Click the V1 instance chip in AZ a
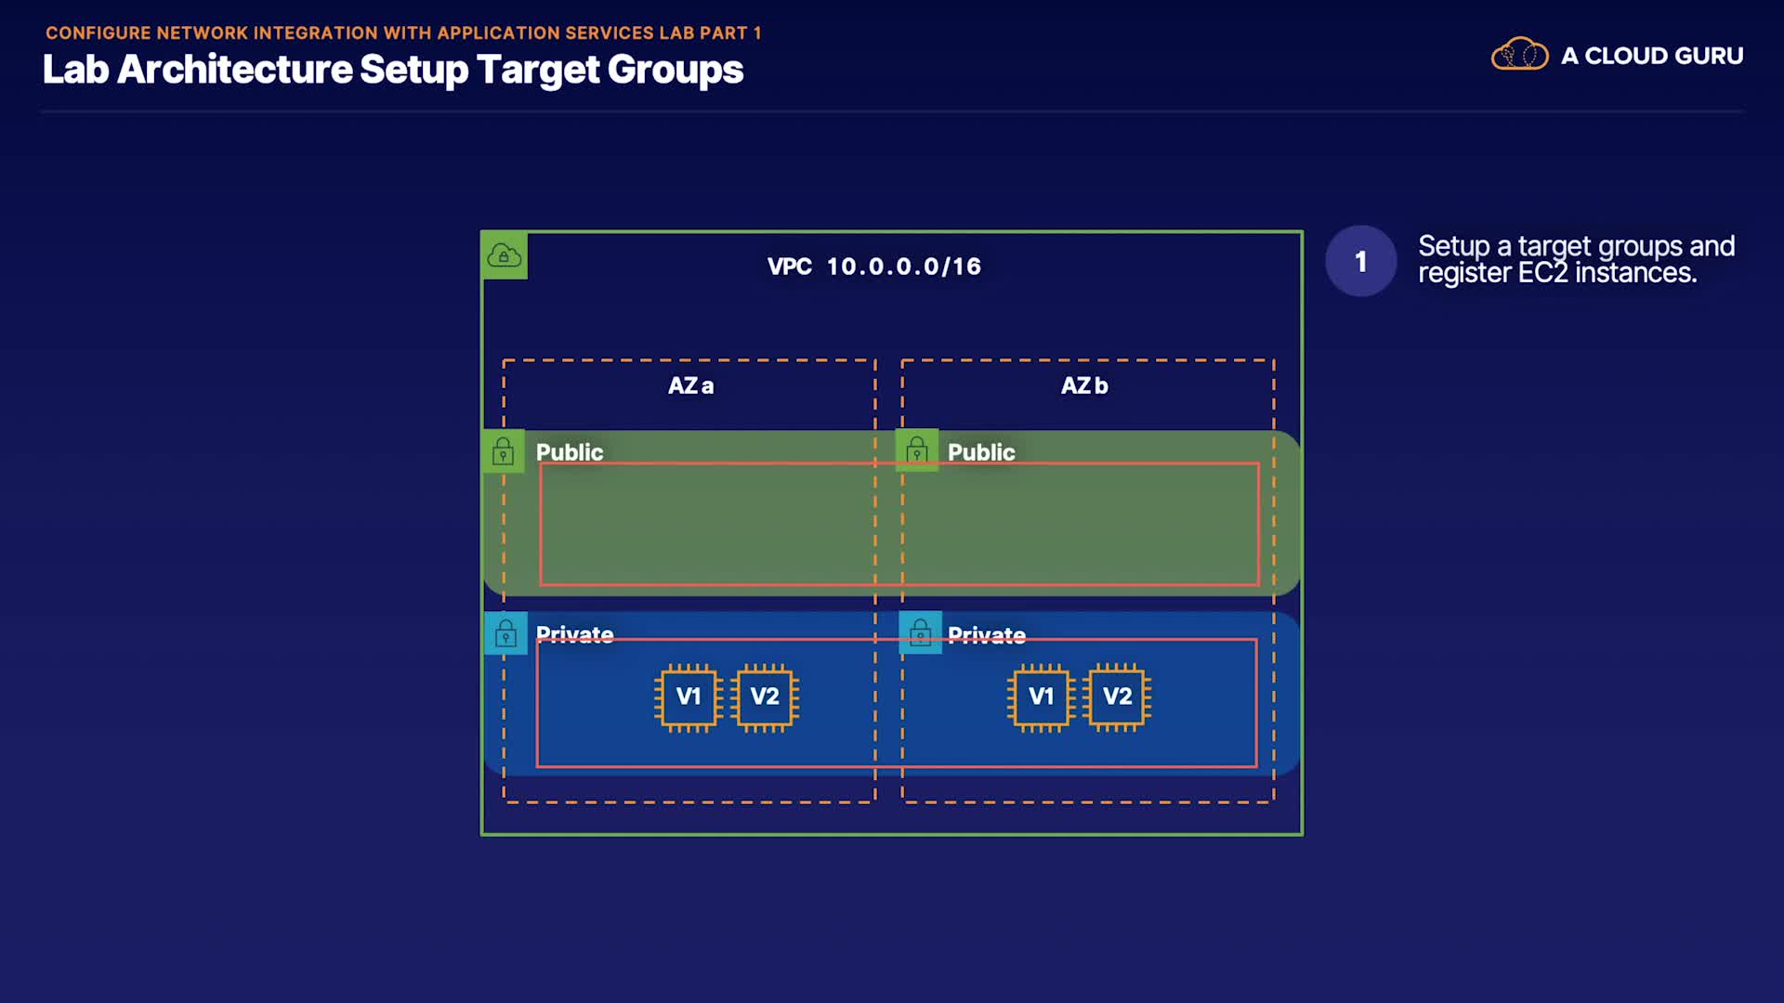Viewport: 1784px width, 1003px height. tap(688, 697)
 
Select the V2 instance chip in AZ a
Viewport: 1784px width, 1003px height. tap(765, 697)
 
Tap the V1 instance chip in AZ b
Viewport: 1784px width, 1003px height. tap(1041, 697)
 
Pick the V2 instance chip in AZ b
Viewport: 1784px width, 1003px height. tap(1117, 697)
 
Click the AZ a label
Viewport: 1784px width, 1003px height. tap(690, 385)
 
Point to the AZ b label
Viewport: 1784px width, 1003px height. tap(1084, 385)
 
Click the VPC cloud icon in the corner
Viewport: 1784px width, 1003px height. tap(505, 255)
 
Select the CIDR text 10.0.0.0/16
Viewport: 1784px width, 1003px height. tap(903, 267)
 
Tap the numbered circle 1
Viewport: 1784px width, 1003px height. tap(1360, 261)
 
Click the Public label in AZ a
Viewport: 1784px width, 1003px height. tap(570, 452)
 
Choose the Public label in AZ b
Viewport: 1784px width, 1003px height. tap(981, 452)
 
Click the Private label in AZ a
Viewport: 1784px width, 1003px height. tap(574, 634)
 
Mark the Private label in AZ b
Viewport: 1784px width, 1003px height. tap(986, 635)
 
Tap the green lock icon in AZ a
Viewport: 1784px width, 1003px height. tap(503, 451)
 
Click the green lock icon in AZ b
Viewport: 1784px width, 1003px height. tap(916, 450)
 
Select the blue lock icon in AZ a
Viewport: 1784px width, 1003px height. tap(505, 633)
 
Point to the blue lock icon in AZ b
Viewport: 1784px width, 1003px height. tap(920, 633)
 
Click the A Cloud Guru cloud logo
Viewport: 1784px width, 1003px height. tap(1519, 55)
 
